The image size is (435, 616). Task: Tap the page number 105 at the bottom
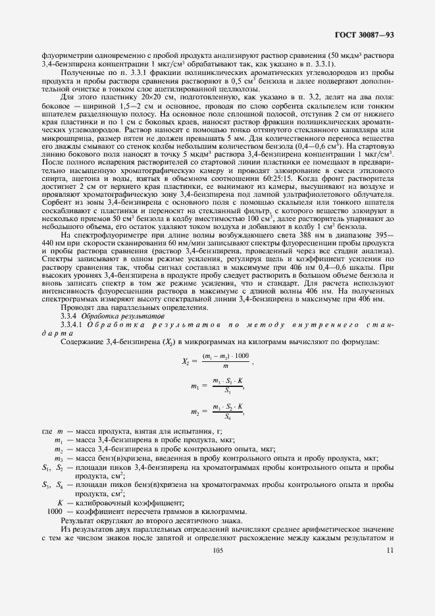click(218, 550)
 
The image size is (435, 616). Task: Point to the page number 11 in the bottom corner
click(390, 550)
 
